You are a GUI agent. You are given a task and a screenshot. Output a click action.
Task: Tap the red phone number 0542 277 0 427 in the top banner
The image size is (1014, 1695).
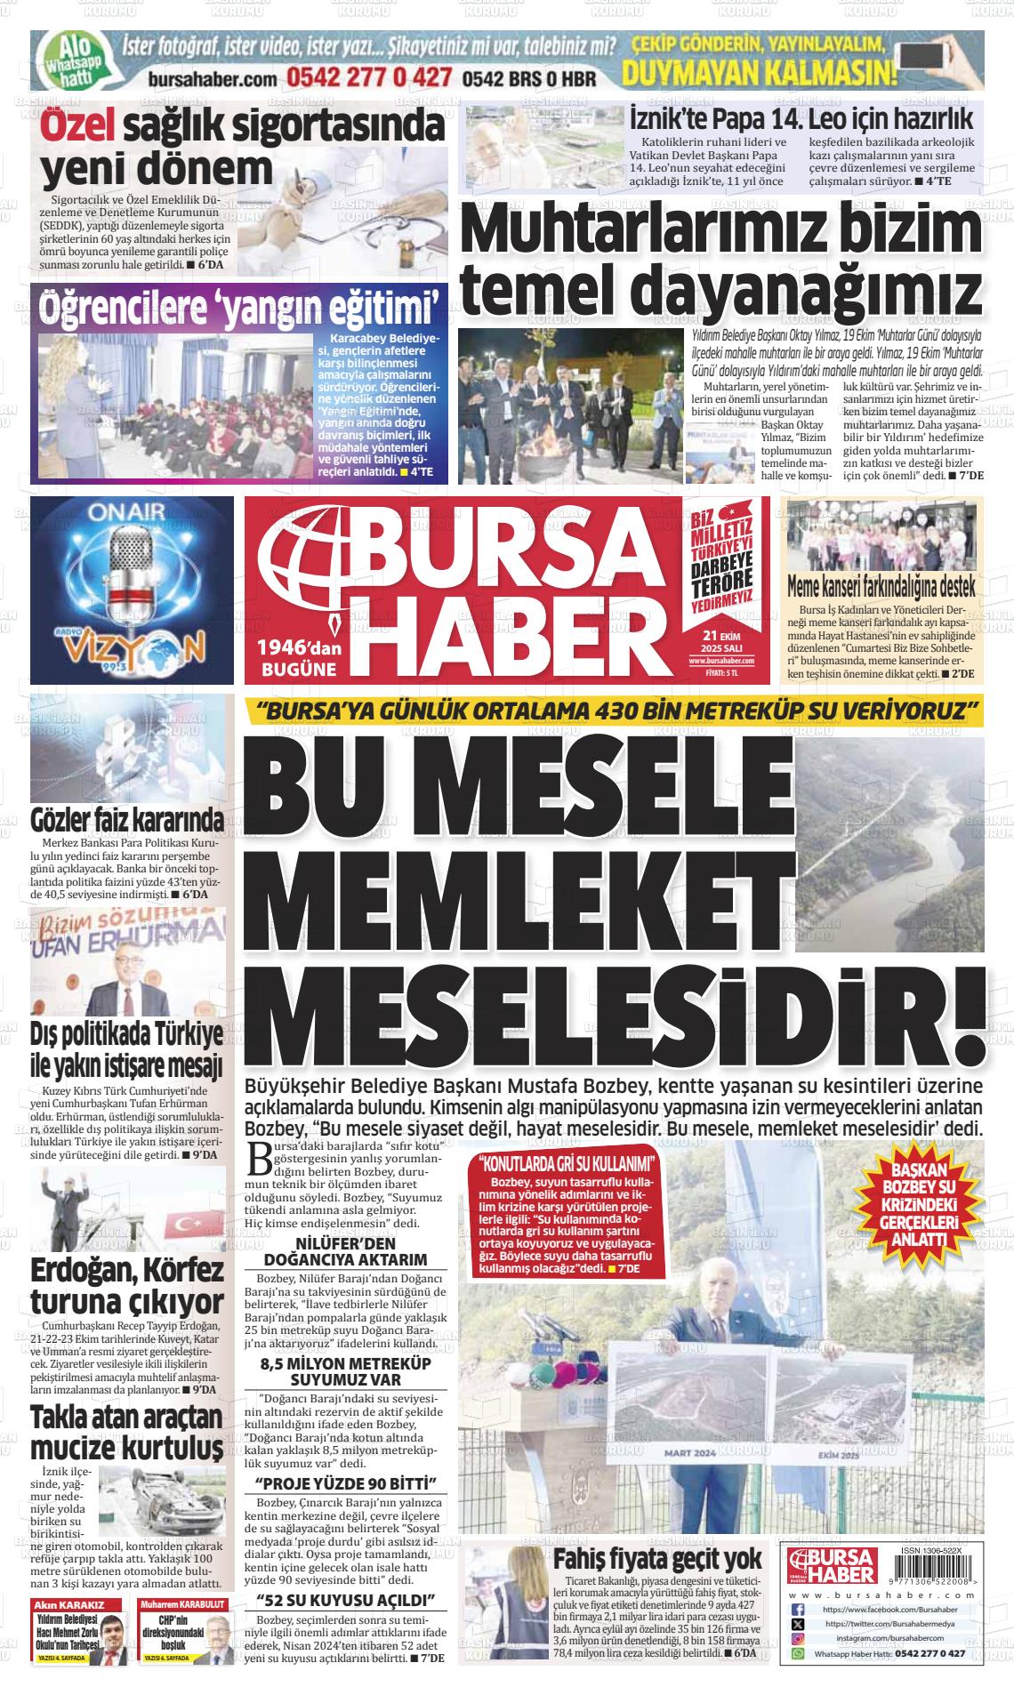pyautogui.click(x=368, y=77)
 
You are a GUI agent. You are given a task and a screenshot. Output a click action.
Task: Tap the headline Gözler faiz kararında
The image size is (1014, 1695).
pyautogui.click(x=126, y=818)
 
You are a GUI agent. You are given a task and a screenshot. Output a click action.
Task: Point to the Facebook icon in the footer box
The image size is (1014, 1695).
pyautogui.click(x=798, y=1610)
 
